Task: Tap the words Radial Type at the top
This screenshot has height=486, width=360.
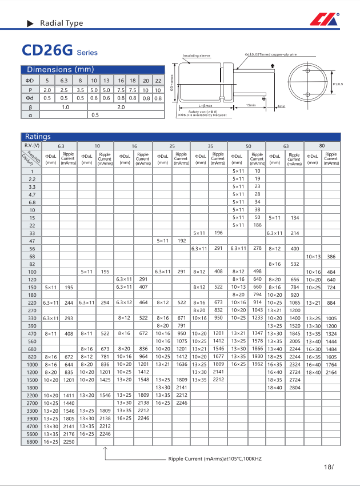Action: (61, 23)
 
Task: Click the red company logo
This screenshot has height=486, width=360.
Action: (324, 20)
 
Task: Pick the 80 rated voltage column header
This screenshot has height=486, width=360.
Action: (322, 146)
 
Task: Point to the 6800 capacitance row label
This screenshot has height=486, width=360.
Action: (32, 441)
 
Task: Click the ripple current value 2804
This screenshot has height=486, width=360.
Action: (294, 403)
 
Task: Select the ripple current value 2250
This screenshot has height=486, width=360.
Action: (68, 441)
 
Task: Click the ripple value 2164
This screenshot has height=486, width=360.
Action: (331, 372)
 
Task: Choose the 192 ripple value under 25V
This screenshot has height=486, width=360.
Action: (181, 241)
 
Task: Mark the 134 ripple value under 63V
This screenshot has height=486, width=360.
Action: (294, 218)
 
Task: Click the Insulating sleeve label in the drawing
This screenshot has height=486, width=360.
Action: (197, 56)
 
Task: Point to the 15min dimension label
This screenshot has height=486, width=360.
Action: (250, 105)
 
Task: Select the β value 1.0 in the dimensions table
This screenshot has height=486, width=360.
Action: (65, 107)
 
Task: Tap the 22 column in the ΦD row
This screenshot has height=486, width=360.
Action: (158, 81)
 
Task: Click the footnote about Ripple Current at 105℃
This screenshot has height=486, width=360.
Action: (214, 459)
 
